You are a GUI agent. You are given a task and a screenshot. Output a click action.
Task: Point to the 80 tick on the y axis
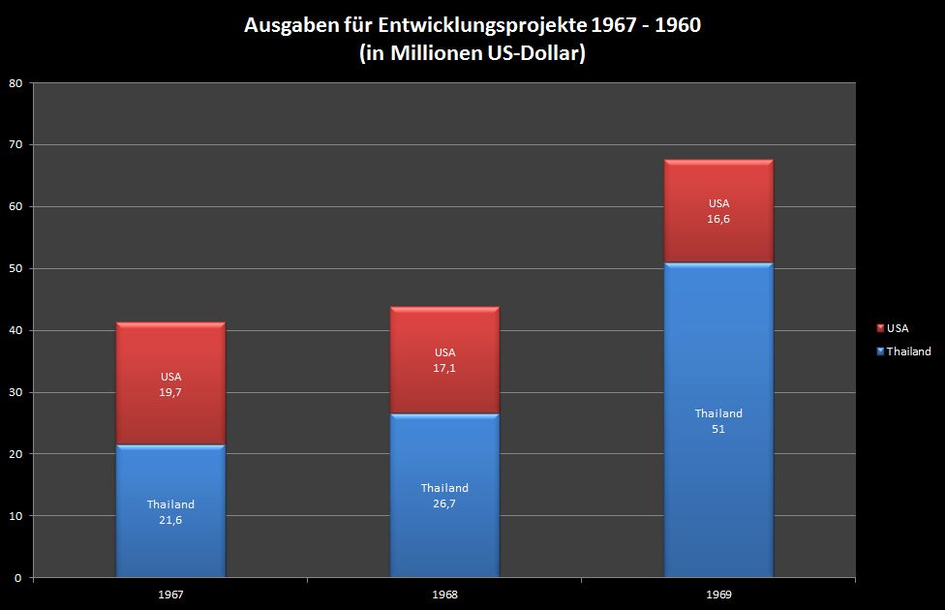click(15, 83)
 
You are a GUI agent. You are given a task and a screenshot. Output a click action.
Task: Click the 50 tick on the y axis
click(15, 268)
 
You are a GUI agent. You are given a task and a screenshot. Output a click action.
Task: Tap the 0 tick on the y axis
click(18, 578)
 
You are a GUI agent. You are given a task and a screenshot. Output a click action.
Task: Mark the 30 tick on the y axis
click(15, 392)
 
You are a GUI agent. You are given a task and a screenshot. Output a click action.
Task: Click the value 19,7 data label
click(170, 393)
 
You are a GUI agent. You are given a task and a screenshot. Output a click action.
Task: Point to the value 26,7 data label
click(444, 503)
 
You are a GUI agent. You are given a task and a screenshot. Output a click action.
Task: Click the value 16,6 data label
click(718, 220)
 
